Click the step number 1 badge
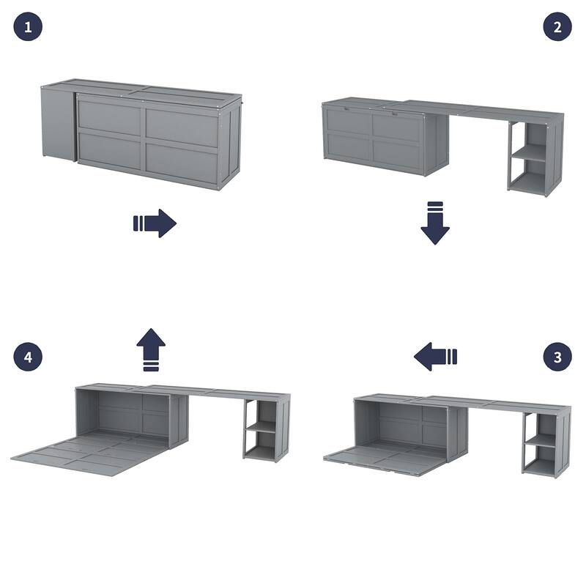pyautogui.click(x=28, y=28)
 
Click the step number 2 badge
pyautogui.click(x=557, y=28)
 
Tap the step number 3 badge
pyautogui.click(x=557, y=357)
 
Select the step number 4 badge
pyautogui.click(x=28, y=357)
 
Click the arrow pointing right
pyautogui.click(x=155, y=223)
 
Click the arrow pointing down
pyautogui.click(x=435, y=223)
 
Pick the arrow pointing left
pyautogui.click(x=435, y=357)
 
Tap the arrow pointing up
pyautogui.click(x=151, y=349)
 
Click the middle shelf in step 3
pyautogui.click(x=540, y=440)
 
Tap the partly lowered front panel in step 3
pyautogui.click(x=385, y=459)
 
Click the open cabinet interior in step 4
pyautogui.click(x=125, y=414)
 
